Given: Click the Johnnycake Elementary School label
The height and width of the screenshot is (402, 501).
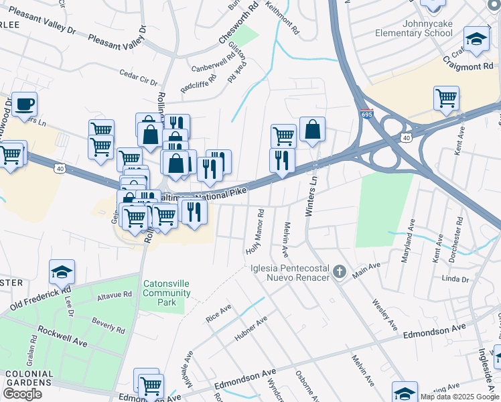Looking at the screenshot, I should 427,28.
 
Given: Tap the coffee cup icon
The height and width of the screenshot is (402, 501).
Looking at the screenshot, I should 24,105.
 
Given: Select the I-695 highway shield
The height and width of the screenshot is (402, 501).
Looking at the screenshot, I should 366,115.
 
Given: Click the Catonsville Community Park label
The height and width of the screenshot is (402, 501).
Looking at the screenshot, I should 167,293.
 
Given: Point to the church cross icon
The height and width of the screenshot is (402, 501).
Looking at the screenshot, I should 340,272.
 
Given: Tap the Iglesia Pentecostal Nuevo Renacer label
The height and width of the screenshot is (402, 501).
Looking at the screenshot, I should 290,273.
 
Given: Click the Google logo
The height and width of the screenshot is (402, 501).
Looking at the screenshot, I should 22,395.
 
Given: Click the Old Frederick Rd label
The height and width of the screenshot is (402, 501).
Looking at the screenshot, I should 40,299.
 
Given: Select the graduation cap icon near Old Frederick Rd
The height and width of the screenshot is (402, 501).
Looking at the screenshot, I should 62,272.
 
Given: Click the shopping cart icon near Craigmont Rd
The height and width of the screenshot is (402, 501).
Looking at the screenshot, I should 446,98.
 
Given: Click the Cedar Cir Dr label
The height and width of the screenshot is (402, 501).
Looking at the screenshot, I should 137,77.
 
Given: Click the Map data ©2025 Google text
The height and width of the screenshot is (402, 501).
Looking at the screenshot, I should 460,397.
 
